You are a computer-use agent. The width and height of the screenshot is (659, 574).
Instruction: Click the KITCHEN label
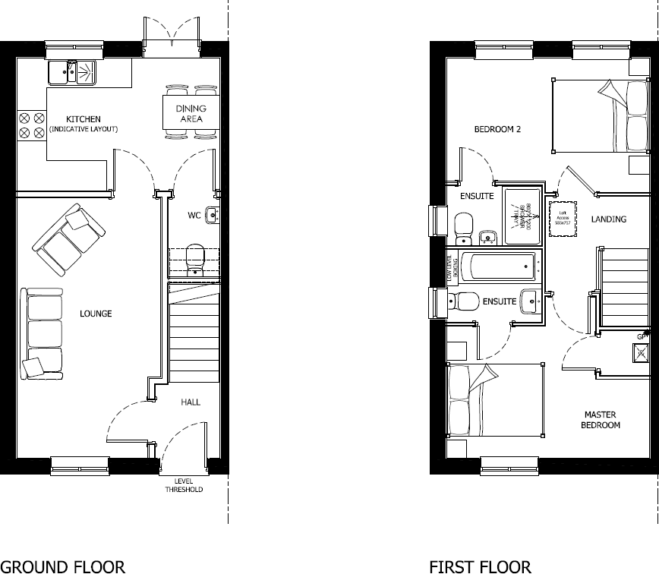83,119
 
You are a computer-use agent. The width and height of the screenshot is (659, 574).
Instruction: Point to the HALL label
190,402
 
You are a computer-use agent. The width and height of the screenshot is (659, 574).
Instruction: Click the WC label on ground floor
194,216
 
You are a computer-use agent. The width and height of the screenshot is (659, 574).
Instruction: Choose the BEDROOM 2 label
497,129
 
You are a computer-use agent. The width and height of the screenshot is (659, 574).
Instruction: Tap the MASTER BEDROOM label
601,420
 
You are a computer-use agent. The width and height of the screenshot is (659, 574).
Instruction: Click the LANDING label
609,219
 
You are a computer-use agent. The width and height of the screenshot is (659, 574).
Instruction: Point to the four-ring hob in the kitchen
31,125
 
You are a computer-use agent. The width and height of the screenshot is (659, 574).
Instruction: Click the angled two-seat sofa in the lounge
68,240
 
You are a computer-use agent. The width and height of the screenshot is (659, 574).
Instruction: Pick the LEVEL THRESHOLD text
184,486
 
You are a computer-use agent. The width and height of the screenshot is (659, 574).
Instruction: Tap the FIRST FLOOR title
480,566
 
